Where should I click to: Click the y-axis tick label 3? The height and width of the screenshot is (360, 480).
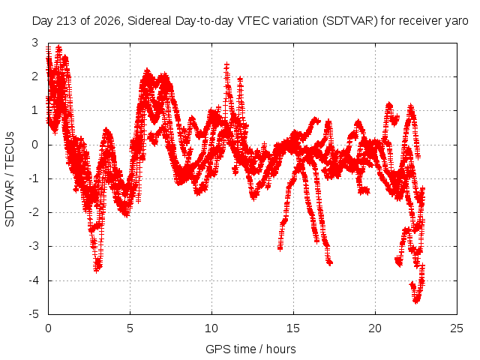[x=35, y=43]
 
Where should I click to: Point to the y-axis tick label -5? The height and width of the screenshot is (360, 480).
[x=34, y=314]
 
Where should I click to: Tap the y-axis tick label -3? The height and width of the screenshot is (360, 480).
[x=34, y=246]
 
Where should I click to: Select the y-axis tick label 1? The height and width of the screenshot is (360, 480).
[x=35, y=110]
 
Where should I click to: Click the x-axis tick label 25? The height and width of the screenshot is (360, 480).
[x=457, y=328]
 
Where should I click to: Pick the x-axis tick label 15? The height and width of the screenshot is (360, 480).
[x=293, y=328]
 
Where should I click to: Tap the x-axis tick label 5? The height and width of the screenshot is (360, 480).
[x=130, y=328]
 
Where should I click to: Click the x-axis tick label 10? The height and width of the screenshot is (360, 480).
[x=211, y=328]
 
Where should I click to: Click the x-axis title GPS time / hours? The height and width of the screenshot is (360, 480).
[x=250, y=349]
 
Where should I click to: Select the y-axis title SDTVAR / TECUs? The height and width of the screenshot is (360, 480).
[x=10, y=179]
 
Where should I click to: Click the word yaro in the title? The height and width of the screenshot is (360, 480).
[x=457, y=21]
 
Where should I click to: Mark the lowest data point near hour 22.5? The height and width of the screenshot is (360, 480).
[x=415, y=301]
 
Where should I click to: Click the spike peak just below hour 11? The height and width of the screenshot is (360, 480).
[x=226, y=65]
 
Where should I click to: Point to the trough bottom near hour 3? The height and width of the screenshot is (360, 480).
[x=97, y=270]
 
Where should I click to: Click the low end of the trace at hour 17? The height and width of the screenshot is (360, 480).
[x=329, y=262]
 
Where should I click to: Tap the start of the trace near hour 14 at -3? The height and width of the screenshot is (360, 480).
[x=280, y=248]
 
